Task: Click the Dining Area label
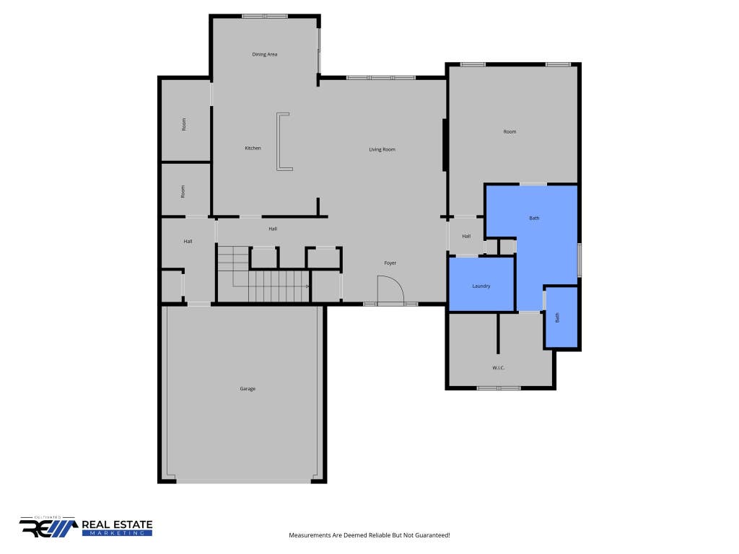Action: (264, 54)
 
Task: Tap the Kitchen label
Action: (253, 148)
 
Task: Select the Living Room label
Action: (382, 149)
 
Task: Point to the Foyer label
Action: (390, 263)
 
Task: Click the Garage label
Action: (248, 389)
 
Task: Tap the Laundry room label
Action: (481, 286)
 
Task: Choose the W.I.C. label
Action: (498, 367)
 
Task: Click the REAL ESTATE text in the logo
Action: (117, 525)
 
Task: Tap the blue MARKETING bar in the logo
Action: (117, 533)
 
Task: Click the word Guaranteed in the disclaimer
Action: (433, 535)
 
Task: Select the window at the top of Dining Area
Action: (265, 17)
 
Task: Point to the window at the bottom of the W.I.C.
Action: (499, 388)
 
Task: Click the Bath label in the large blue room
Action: (534, 218)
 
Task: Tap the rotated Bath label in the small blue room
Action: (558, 317)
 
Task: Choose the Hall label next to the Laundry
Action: (466, 236)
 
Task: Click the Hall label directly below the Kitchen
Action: (272, 229)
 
